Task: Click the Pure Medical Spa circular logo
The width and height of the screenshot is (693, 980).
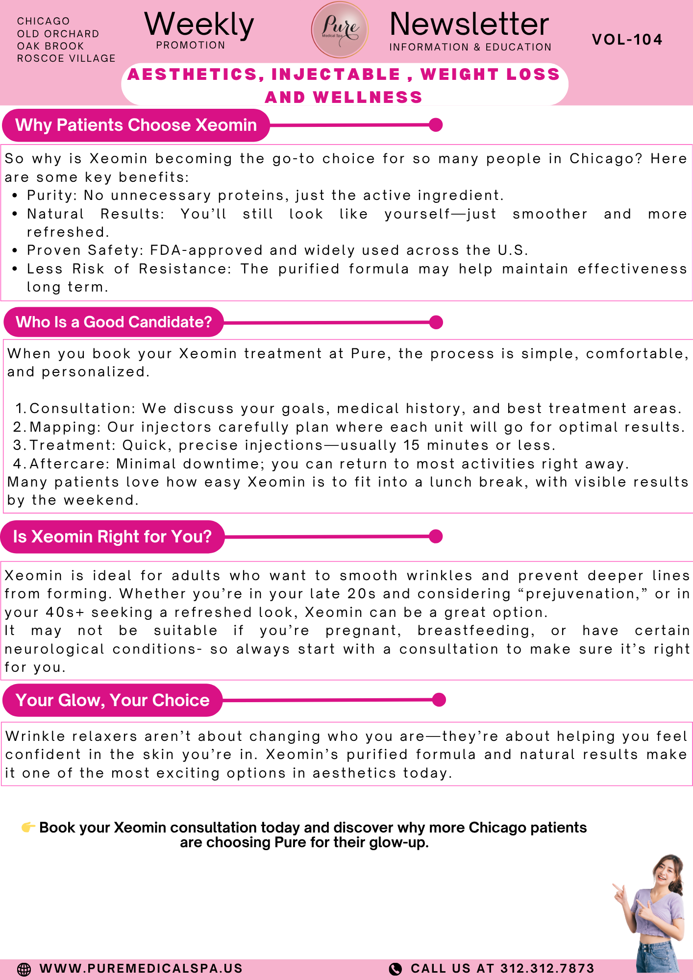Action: pyautogui.click(x=340, y=29)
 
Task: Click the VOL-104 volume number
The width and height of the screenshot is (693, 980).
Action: pyautogui.click(x=627, y=39)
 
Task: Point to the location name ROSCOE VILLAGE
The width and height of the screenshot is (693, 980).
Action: pyautogui.click(x=66, y=58)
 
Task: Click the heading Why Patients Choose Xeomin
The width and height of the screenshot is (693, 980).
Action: pyautogui.click(x=136, y=125)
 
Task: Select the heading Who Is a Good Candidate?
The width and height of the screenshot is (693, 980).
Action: pyautogui.click(x=114, y=322)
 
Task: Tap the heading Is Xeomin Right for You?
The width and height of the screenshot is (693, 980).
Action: pyautogui.click(x=112, y=537)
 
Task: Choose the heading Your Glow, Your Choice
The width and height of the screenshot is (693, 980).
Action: pyautogui.click(x=112, y=700)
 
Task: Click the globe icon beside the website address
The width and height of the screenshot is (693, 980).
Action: pyautogui.click(x=24, y=969)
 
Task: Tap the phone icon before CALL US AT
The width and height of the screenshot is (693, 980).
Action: pyautogui.click(x=395, y=969)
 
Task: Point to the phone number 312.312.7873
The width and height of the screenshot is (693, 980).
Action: pyautogui.click(x=547, y=969)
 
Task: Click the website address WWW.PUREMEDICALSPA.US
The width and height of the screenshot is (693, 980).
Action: pyautogui.click(x=141, y=969)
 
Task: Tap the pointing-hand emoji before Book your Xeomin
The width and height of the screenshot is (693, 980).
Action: pyautogui.click(x=28, y=828)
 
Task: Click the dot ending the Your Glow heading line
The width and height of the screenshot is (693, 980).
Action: pyautogui.click(x=439, y=700)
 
